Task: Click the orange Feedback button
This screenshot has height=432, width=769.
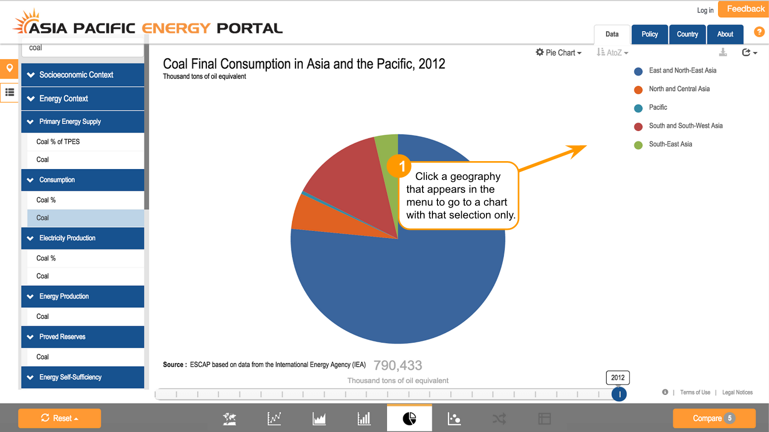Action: (x=744, y=9)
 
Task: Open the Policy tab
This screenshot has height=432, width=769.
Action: (x=650, y=34)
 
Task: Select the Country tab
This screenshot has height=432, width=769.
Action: (x=687, y=34)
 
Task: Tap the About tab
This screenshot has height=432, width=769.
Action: (x=725, y=34)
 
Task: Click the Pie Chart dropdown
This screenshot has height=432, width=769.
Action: (x=559, y=52)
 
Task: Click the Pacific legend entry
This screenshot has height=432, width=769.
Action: (x=651, y=108)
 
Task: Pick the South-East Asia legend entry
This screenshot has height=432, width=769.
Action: (x=663, y=144)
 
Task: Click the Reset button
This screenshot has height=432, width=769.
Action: (x=60, y=418)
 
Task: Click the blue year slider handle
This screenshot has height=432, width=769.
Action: (x=619, y=394)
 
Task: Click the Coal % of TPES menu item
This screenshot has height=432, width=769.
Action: (x=58, y=141)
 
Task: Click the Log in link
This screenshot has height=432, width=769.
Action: (x=705, y=10)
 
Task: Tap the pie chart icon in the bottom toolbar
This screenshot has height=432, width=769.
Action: (x=409, y=419)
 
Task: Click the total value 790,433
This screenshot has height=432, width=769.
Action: (x=398, y=365)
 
